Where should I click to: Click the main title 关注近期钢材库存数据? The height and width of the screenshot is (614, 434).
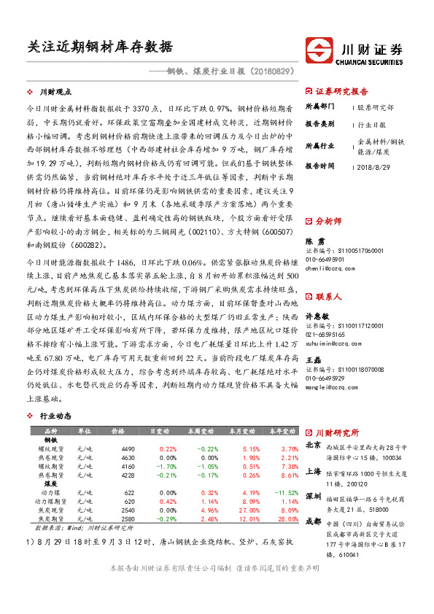pyautogui.click(x=99, y=47)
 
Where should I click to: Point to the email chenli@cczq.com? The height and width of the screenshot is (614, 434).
pyautogui.click(x=330, y=269)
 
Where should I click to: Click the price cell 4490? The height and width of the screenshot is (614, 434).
pyautogui.click(x=128, y=448)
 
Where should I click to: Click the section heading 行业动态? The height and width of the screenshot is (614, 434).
pyautogui.click(x=55, y=416)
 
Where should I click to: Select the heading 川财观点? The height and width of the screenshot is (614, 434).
pyautogui.click(x=55, y=93)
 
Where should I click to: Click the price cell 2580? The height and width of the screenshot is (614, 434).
pyautogui.click(x=128, y=518)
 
